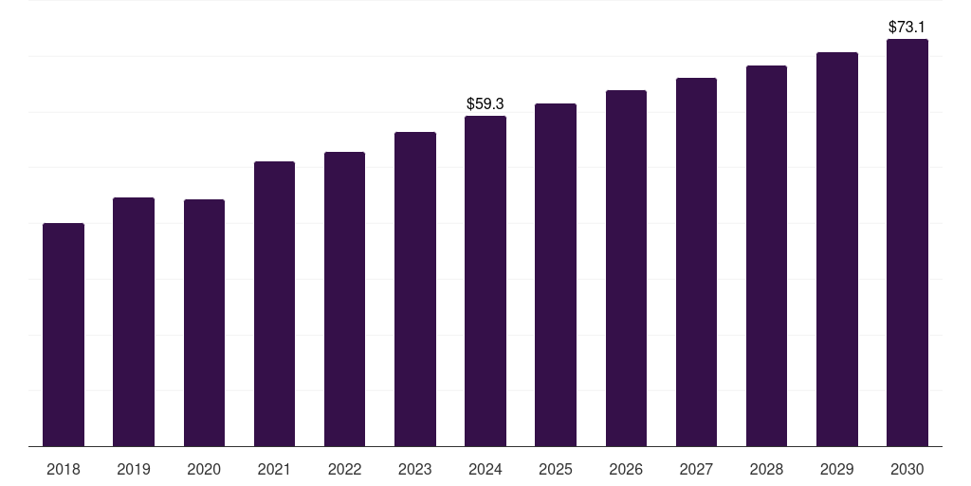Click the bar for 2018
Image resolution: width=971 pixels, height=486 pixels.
click(x=64, y=335)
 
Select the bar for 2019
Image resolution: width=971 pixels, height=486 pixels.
click(x=134, y=322)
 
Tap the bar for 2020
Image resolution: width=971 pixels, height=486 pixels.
click(x=204, y=323)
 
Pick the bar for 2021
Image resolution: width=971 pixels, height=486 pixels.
click(x=274, y=304)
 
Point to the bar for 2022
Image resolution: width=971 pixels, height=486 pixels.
click(x=344, y=299)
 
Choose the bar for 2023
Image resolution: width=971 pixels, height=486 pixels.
click(x=415, y=289)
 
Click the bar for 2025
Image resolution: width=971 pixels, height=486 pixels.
click(x=556, y=274)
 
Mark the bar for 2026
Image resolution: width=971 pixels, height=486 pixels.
click(x=626, y=269)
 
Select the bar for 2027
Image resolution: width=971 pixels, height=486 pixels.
click(x=696, y=262)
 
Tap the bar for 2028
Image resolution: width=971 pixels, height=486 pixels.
click(x=766, y=256)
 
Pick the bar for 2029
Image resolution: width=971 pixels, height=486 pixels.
click(x=837, y=250)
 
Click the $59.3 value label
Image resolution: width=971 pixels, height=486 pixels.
click(x=485, y=103)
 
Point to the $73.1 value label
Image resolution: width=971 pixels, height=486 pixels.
click(x=907, y=27)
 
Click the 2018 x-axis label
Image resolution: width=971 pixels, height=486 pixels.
click(x=64, y=470)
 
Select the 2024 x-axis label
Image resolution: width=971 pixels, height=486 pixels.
click(x=485, y=470)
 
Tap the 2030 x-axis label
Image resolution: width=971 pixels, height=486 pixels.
click(x=907, y=470)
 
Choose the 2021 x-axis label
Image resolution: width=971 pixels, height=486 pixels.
click(x=274, y=470)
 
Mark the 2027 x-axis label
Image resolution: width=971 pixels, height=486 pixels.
click(x=696, y=470)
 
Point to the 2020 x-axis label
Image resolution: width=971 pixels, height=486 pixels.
click(x=204, y=470)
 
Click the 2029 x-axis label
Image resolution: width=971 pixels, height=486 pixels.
click(x=837, y=470)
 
